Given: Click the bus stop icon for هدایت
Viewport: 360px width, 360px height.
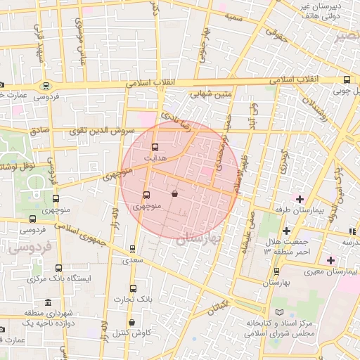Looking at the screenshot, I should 155,147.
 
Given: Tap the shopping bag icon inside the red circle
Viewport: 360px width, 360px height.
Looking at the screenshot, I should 174,193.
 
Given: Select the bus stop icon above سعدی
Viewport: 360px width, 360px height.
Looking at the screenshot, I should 133,249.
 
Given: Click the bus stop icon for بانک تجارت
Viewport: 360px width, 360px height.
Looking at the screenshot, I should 133,288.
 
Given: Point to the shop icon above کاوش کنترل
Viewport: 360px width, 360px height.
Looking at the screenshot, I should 131,323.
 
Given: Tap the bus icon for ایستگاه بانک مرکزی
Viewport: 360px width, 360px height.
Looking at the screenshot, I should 58,268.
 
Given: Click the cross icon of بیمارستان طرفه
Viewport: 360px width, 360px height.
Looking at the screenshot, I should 300,199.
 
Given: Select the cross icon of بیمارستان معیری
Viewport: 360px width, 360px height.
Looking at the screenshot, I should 331,260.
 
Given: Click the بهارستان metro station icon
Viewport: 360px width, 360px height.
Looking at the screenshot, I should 276,271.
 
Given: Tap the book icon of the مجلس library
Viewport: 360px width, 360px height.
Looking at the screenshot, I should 281,311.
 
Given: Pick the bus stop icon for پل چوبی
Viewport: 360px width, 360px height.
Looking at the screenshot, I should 347,80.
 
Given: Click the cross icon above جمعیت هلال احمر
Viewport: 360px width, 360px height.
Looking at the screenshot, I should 286,231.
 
